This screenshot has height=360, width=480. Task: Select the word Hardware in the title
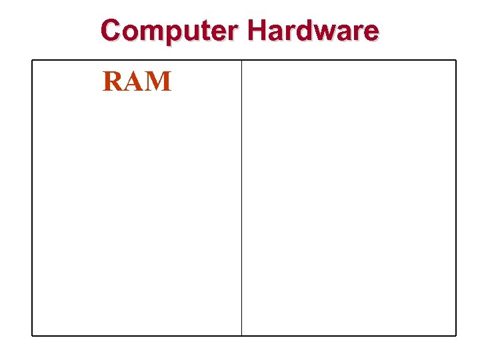[313, 31]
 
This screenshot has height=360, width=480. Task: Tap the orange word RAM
[137, 81]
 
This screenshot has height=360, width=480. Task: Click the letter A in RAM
[134, 81]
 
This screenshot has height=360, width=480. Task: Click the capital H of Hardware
[258, 31]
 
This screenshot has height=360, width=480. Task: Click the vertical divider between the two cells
[241, 200]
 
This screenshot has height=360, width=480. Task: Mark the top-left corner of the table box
[32, 61]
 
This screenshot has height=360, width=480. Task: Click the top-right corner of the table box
[456, 61]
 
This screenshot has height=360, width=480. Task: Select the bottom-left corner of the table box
[32, 335]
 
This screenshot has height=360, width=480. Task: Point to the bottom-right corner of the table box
[456, 335]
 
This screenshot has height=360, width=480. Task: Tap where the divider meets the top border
[241, 61]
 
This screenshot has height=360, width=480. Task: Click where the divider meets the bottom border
[241, 335]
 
